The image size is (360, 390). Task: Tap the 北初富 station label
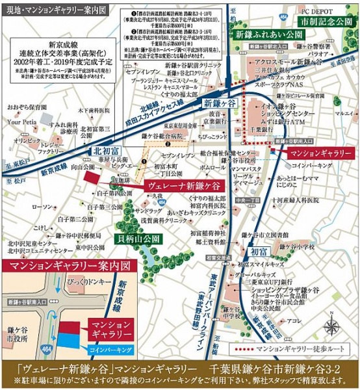(101, 151)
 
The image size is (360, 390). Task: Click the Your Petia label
(21, 121)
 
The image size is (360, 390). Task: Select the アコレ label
(293, 320)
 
